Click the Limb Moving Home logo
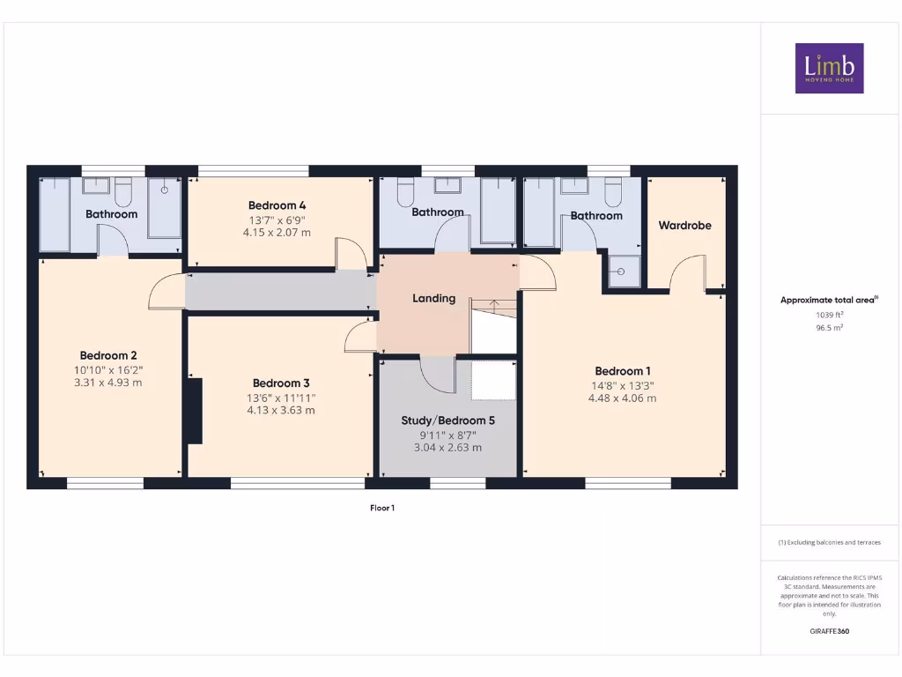(x=829, y=68)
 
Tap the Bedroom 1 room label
(x=622, y=371)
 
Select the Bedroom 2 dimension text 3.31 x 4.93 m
(x=108, y=383)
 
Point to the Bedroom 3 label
(x=280, y=383)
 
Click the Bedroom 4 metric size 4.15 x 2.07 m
(x=277, y=233)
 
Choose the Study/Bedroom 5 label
(x=447, y=420)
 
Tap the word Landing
(x=434, y=298)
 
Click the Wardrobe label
(x=684, y=226)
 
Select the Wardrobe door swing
(x=686, y=273)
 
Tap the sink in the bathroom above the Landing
(x=448, y=185)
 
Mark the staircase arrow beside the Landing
(x=494, y=305)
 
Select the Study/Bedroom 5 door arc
(x=436, y=374)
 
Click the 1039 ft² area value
(x=828, y=314)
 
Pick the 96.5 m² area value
(x=828, y=327)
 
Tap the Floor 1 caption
(x=381, y=508)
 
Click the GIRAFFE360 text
(x=828, y=631)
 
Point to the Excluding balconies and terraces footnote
(x=828, y=542)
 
